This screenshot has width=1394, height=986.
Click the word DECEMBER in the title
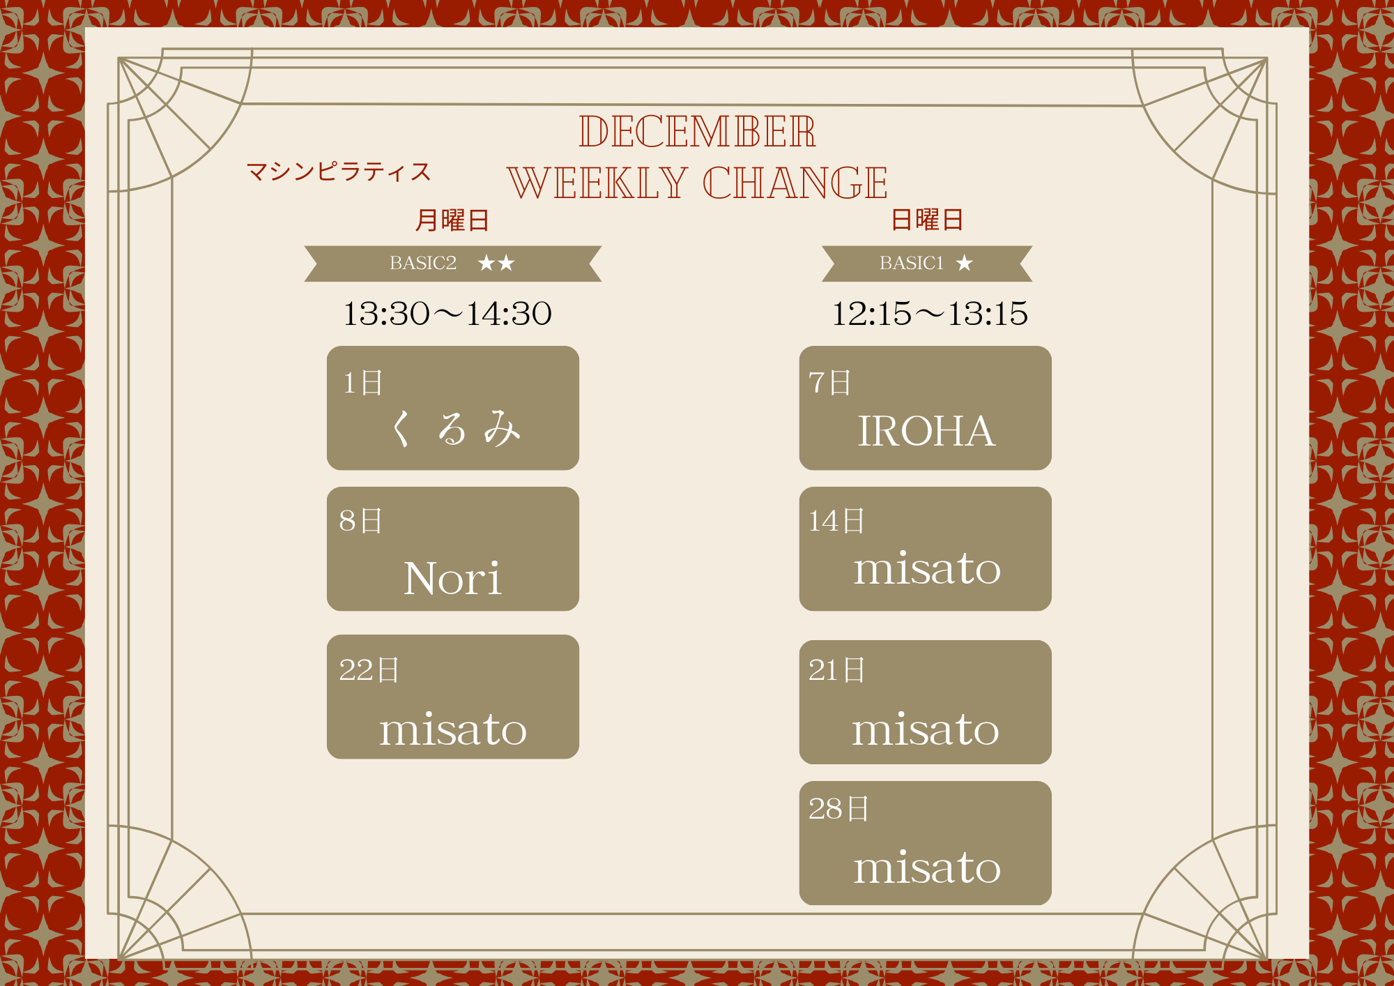[x=697, y=131]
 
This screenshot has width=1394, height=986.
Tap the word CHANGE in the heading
[x=795, y=183]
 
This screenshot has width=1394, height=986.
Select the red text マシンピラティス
[x=339, y=172]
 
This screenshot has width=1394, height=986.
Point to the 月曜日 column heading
[x=452, y=220]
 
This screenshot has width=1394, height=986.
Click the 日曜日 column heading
[x=927, y=220]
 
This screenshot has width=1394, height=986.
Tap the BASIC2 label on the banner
[x=423, y=263]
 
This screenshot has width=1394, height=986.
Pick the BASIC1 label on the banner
[x=912, y=263]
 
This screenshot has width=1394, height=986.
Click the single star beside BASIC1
[x=965, y=263]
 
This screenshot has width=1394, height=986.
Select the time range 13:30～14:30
[x=447, y=314]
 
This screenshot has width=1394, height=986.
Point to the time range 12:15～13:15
[x=930, y=314]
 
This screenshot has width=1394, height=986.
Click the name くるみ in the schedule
[x=454, y=428]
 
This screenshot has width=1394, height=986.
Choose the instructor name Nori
[x=452, y=578]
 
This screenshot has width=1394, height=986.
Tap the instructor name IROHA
[x=926, y=431]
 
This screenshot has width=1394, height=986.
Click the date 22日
[x=369, y=670]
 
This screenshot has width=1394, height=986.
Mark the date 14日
[x=836, y=521]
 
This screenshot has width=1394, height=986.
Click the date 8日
[x=361, y=521]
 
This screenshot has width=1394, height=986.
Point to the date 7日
[x=830, y=383]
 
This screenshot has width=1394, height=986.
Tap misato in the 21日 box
[x=926, y=729]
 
